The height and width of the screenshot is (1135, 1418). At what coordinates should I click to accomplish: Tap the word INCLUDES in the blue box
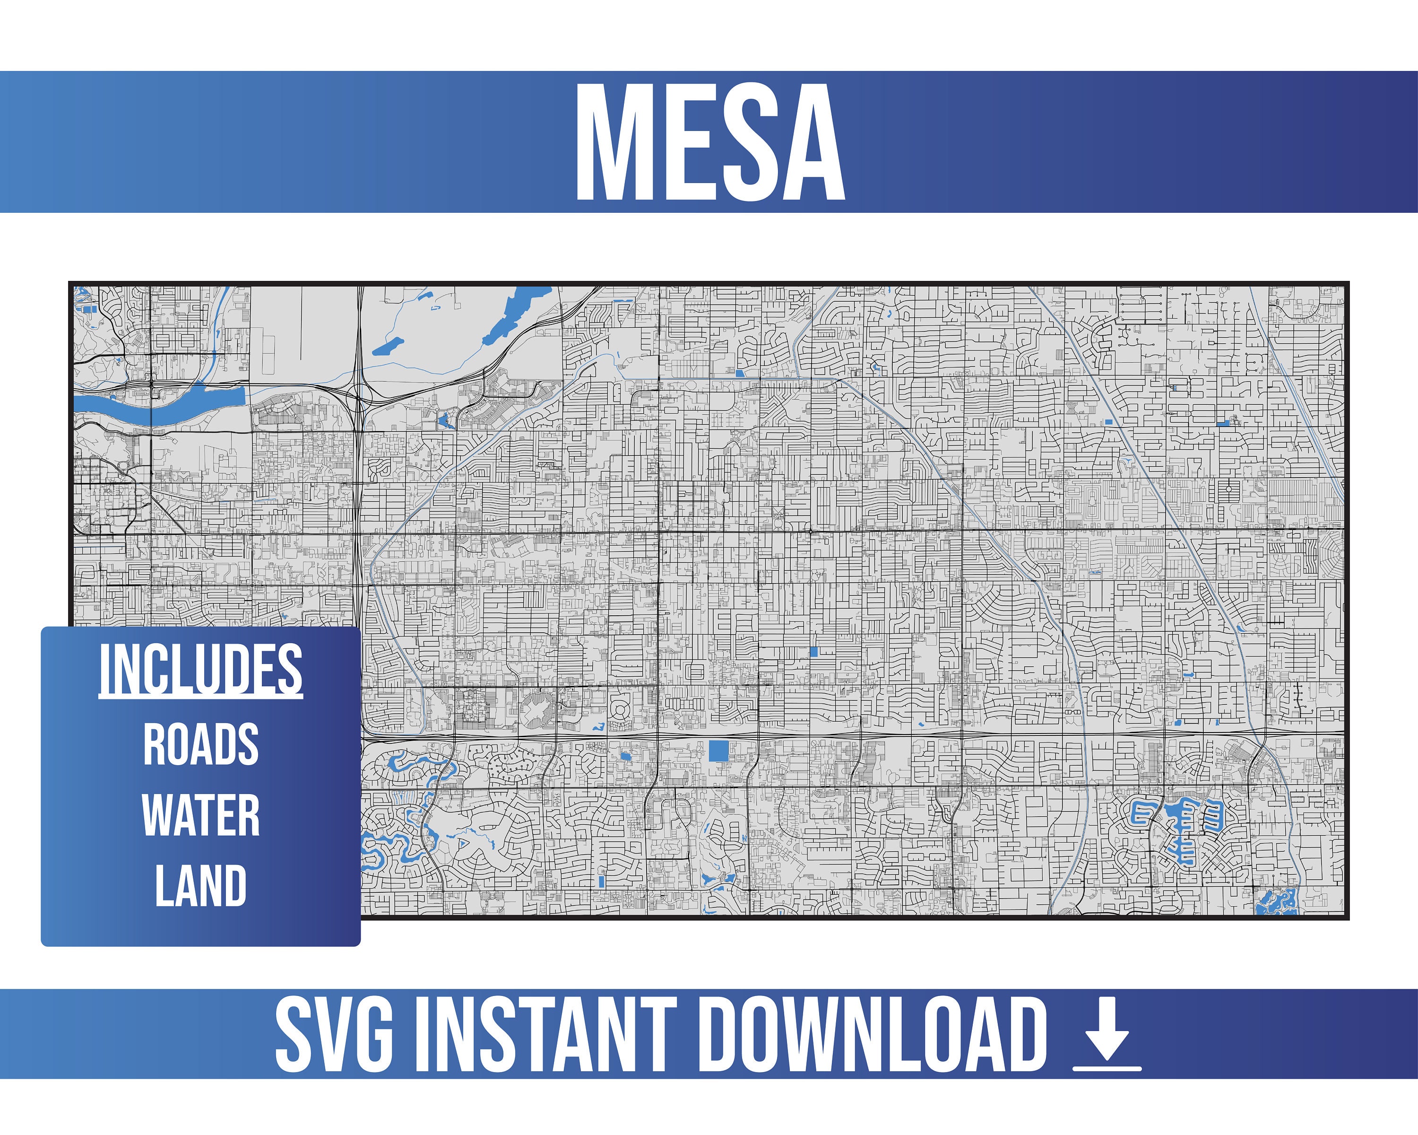coord(200,669)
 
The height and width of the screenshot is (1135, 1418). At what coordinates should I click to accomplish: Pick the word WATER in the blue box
coord(200,815)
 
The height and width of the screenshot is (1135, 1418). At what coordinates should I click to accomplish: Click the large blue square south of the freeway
coord(719,751)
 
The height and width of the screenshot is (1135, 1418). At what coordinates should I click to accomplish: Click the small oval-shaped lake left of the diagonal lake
coord(388,346)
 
